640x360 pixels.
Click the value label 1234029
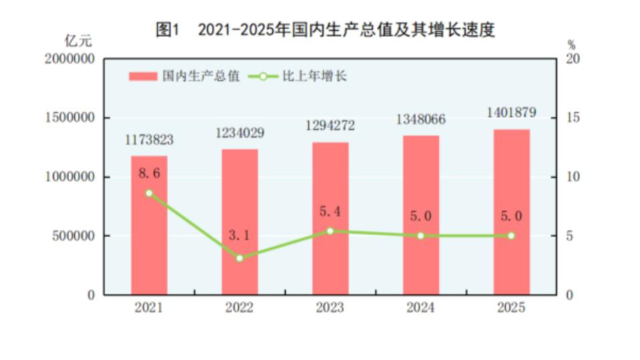click(239, 133)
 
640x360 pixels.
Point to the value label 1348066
click(421, 120)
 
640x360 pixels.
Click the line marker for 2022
click(239, 258)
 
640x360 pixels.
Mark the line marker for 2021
click(149, 193)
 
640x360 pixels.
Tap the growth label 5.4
click(330, 212)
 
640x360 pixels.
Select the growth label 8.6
click(149, 173)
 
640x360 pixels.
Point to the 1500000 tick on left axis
click(70, 118)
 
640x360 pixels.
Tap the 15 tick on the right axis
click(572, 118)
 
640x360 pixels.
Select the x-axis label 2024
click(421, 308)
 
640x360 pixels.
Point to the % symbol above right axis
click(571, 45)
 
